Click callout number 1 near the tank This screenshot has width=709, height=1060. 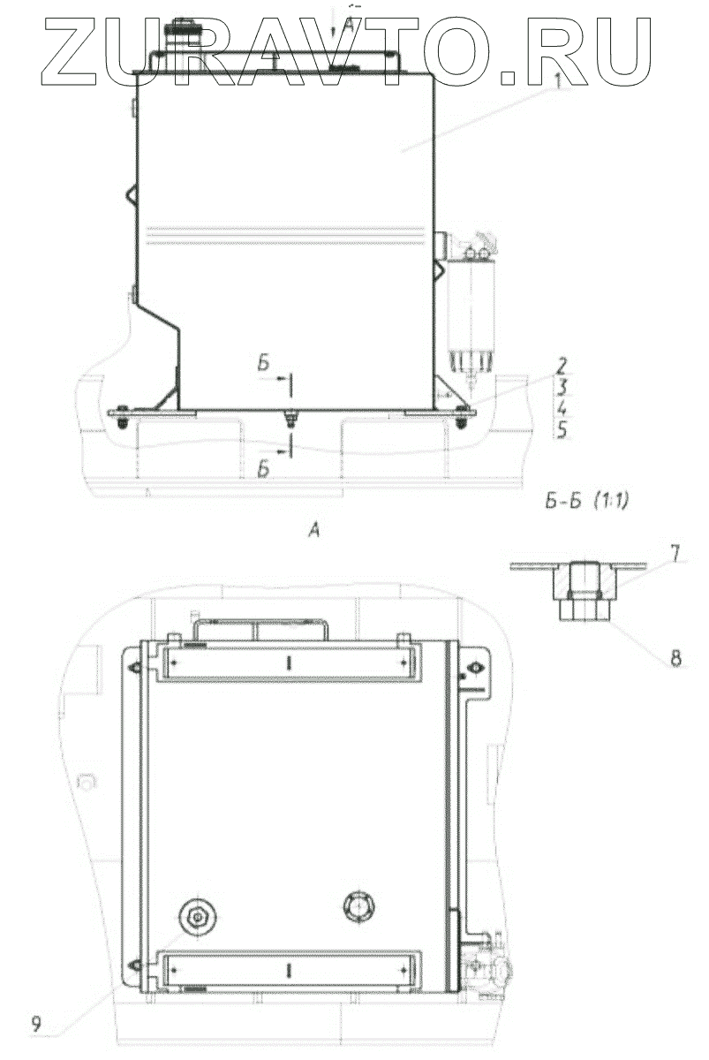[x=557, y=81]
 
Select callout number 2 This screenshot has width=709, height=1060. [x=561, y=366]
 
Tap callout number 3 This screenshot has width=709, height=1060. [x=561, y=388]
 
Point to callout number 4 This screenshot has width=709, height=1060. [x=561, y=409]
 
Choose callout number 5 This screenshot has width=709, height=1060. [x=562, y=430]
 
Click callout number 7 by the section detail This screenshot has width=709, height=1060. [x=674, y=554]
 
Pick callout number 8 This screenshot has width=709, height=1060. [x=676, y=659]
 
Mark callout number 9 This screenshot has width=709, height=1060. [x=36, y=1023]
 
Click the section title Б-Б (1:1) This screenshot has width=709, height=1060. [x=586, y=502]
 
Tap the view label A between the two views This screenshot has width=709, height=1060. [x=313, y=531]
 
